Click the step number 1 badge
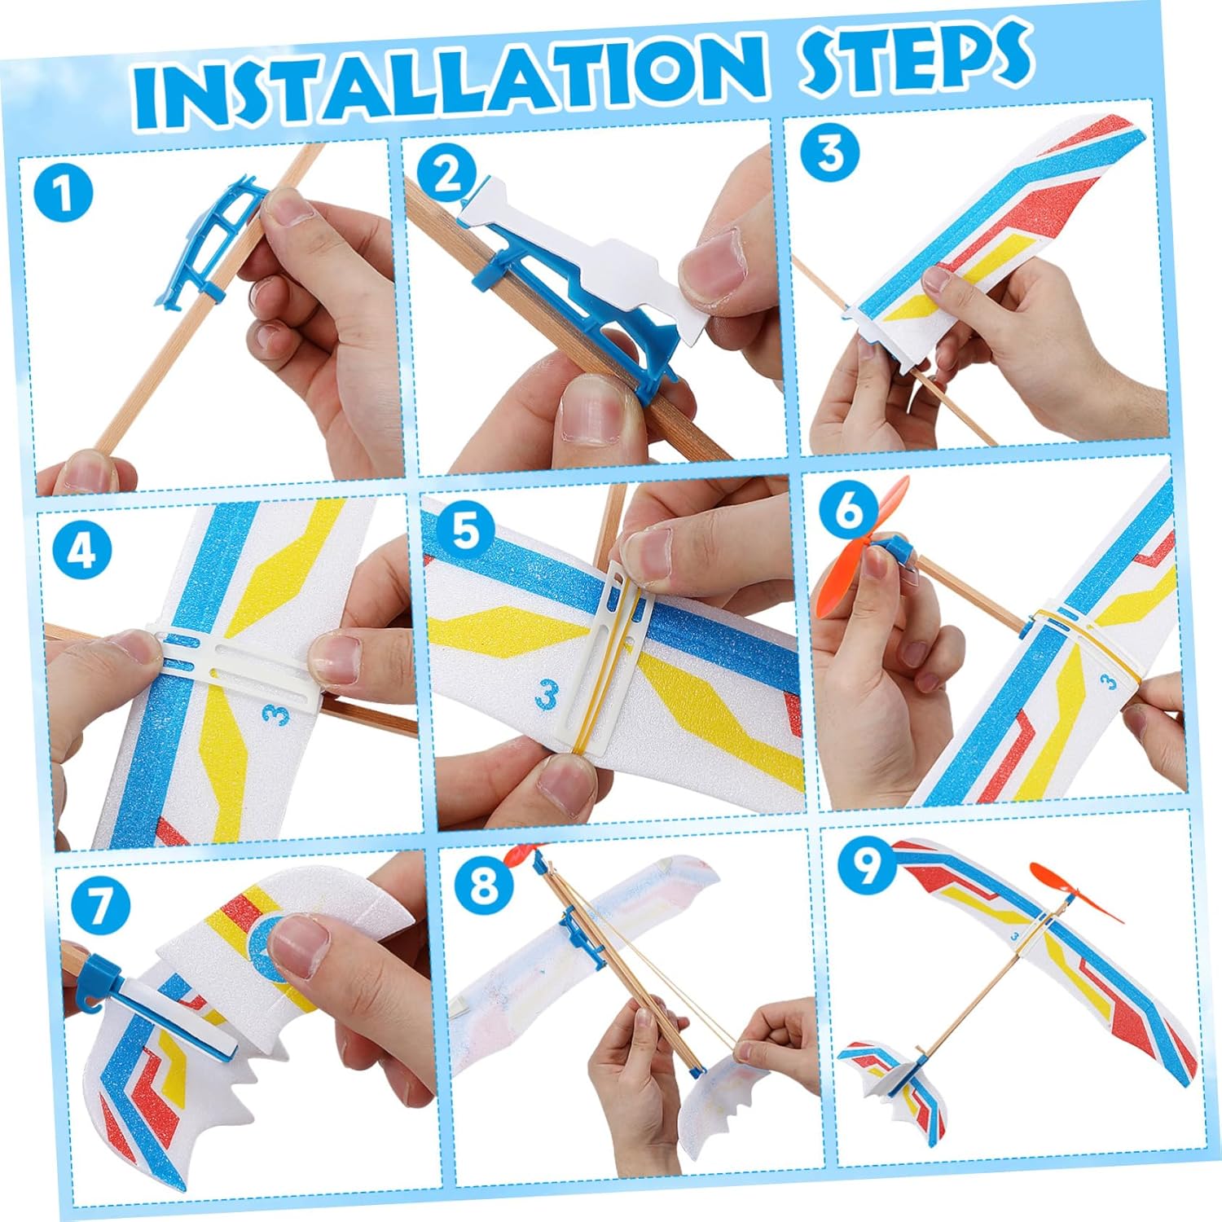[63, 193]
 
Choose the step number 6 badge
[848, 510]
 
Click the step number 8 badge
[484, 884]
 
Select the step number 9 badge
[866, 864]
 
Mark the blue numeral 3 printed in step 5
[547, 695]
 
